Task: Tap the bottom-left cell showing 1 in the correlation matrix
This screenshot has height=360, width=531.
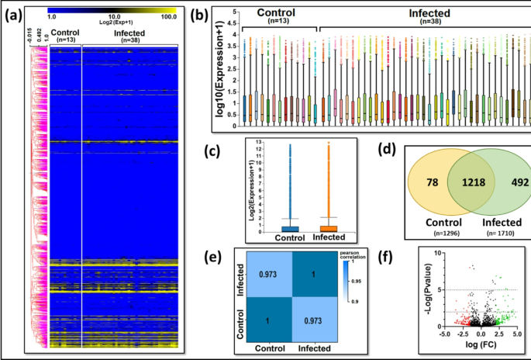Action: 268,320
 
